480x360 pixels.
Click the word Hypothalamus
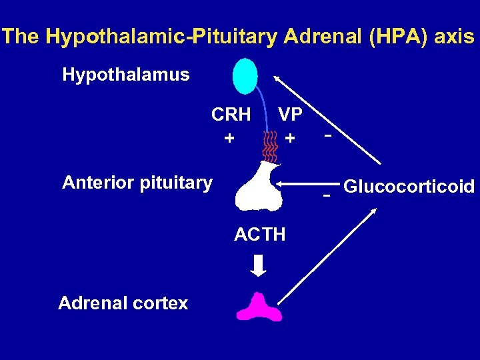click(x=125, y=74)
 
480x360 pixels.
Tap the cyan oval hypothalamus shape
click(x=245, y=76)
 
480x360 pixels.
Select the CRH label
click(x=231, y=115)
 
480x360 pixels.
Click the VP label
click(x=290, y=115)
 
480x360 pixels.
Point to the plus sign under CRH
click(x=229, y=139)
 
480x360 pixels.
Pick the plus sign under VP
click(x=289, y=139)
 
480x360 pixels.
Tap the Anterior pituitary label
click(x=137, y=182)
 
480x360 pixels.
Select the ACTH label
click(x=260, y=234)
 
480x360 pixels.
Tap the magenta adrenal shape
click(x=257, y=307)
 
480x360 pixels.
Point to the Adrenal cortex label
click(x=123, y=303)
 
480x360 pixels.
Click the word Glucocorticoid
click(x=409, y=186)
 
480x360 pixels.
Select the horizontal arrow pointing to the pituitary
click(x=307, y=183)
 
